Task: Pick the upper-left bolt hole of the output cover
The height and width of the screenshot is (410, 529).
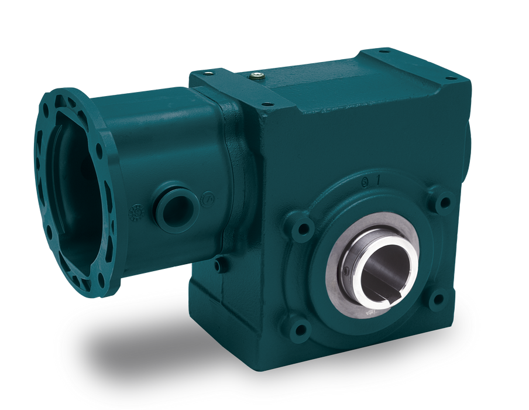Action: pyautogui.click(x=304, y=224)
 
